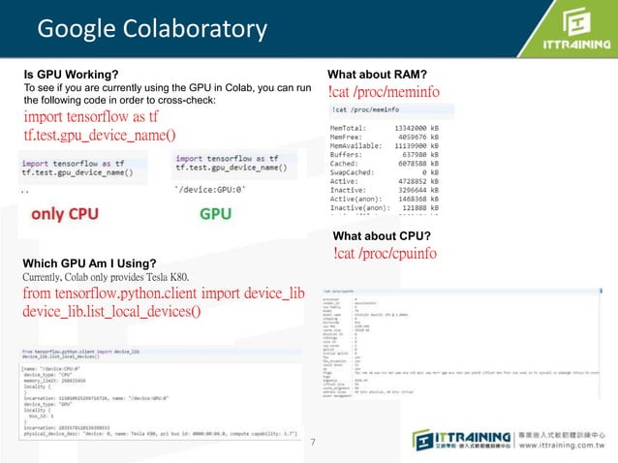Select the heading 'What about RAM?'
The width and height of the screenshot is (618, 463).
pos(377,74)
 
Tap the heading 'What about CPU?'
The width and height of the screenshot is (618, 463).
pos(381,236)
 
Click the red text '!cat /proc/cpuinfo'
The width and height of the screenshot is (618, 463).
pos(385,254)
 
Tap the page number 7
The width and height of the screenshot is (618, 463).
pos(312,444)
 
